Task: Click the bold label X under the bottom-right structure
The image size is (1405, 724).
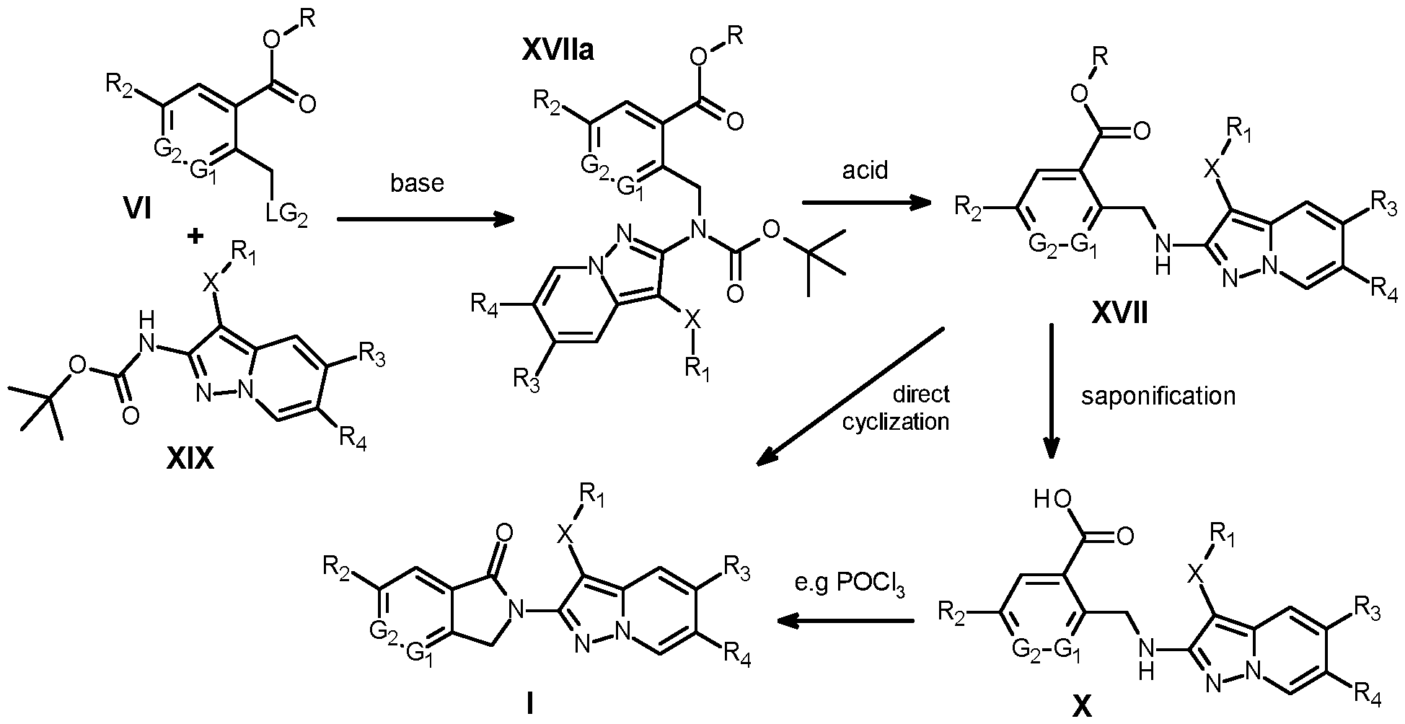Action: [x=1081, y=707]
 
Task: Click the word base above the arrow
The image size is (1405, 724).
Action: [x=418, y=183]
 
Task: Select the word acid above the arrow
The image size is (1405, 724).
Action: [x=865, y=170]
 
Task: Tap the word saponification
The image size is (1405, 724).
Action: [x=1158, y=396]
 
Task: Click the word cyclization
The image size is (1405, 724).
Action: [x=896, y=420]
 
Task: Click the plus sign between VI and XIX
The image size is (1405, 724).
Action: [x=193, y=236]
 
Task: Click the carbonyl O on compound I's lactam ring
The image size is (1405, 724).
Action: [x=504, y=533]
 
